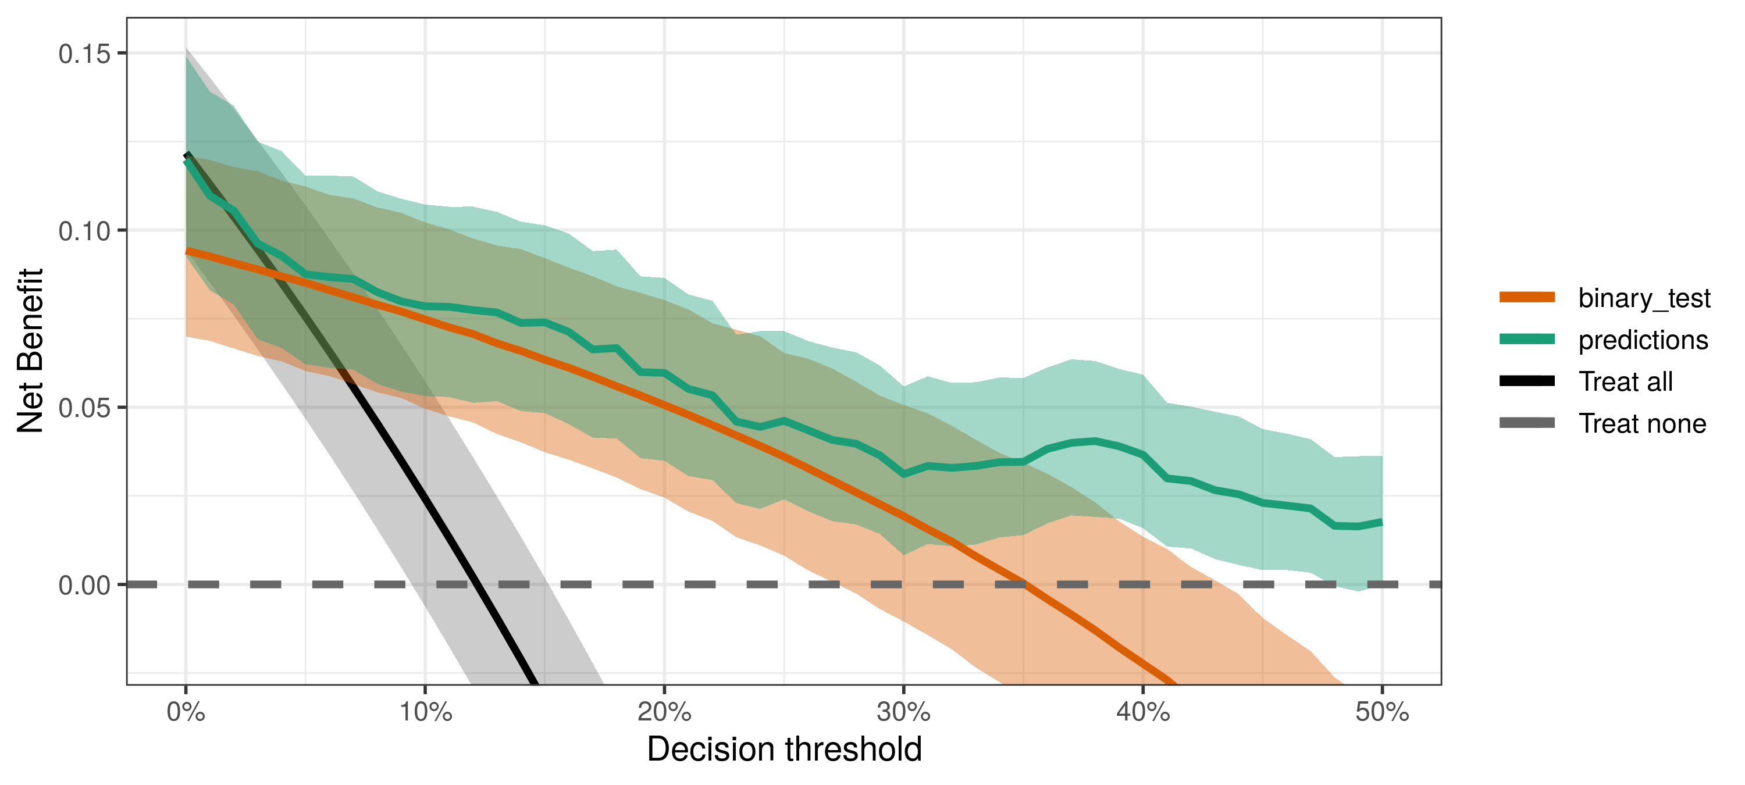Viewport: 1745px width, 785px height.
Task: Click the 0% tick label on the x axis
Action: [186, 713]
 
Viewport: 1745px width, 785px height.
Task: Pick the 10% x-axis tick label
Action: [425, 713]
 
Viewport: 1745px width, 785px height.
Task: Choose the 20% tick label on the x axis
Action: [664, 713]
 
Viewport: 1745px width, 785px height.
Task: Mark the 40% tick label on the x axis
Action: [1143, 713]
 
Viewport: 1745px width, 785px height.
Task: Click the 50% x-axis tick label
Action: [1382, 713]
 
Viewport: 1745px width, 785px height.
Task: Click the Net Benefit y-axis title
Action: [30, 351]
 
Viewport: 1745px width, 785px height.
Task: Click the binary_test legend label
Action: [1644, 298]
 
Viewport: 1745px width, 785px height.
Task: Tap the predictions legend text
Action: [1643, 340]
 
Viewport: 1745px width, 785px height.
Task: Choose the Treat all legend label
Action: [1625, 382]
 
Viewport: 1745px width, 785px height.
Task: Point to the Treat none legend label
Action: [1642, 424]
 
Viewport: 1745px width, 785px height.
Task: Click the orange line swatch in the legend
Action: [1526, 297]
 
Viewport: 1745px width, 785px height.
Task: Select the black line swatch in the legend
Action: [1526, 381]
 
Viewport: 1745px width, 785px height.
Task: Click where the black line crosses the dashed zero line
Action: [476, 584]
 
